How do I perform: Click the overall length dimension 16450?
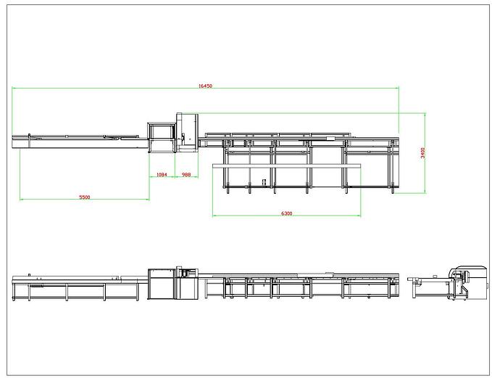[x=205, y=86]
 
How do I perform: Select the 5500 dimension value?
[x=84, y=197]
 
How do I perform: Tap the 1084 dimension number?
[x=162, y=174]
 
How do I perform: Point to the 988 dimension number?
[x=186, y=174]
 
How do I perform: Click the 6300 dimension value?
[x=286, y=213]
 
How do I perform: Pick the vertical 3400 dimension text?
[x=422, y=153]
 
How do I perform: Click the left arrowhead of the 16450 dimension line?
[x=13, y=88]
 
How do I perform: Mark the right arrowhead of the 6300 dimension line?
[x=359, y=216]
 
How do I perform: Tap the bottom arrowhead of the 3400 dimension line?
[x=425, y=192]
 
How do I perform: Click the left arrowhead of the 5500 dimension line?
[x=21, y=200]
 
